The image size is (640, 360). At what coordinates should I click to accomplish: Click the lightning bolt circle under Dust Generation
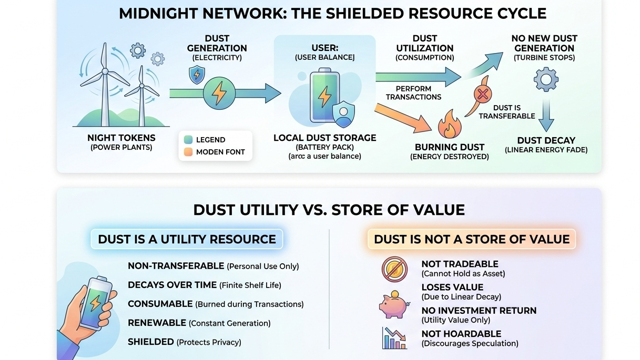218,93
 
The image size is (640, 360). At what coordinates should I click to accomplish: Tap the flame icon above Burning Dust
449,124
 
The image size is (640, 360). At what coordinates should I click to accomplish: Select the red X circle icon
482,95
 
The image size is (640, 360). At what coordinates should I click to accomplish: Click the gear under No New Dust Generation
545,80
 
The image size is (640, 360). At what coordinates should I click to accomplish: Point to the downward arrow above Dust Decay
546,116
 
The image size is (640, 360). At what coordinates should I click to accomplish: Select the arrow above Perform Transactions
418,77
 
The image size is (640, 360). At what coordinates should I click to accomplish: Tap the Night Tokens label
121,138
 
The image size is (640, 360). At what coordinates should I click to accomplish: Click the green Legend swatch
188,140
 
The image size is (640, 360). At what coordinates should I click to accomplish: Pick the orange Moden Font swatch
188,152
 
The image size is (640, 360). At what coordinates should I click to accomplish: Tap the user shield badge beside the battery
343,114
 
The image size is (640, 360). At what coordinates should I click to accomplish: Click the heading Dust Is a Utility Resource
187,239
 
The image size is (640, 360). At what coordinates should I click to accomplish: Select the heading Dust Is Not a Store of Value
472,239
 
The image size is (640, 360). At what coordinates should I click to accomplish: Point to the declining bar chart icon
394,338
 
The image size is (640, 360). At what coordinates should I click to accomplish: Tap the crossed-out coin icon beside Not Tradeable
394,269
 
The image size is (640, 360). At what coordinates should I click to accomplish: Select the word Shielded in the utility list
150,342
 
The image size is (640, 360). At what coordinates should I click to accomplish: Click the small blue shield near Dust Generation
197,75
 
